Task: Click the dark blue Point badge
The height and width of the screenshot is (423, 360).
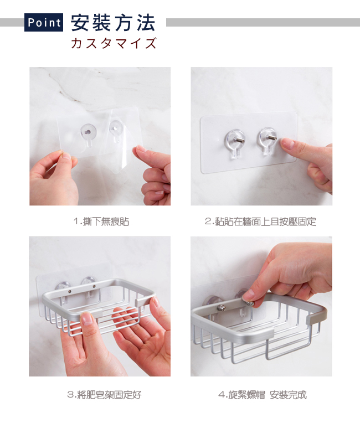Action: click(x=44, y=22)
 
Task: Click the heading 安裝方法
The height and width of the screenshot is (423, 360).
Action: click(x=113, y=23)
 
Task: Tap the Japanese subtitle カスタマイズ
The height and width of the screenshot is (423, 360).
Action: click(x=114, y=43)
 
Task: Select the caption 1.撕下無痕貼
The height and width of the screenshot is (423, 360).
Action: click(x=101, y=221)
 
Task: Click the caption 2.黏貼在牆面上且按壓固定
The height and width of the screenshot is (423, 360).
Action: click(x=260, y=221)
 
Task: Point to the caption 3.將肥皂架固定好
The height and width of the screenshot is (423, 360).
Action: click(x=104, y=395)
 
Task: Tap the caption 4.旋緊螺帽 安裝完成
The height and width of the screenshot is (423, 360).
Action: click(x=263, y=395)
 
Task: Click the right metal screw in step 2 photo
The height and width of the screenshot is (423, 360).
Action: click(x=271, y=138)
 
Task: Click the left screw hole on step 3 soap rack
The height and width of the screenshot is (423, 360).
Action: click(x=70, y=291)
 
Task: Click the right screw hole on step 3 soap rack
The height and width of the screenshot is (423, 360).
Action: click(x=94, y=286)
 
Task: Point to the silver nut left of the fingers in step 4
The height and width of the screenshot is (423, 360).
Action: click(x=222, y=307)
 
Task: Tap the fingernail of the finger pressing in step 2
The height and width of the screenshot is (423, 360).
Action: click(x=287, y=143)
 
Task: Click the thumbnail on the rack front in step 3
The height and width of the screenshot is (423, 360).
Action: click(x=87, y=319)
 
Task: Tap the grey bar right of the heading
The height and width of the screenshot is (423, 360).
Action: click(x=263, y=22)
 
